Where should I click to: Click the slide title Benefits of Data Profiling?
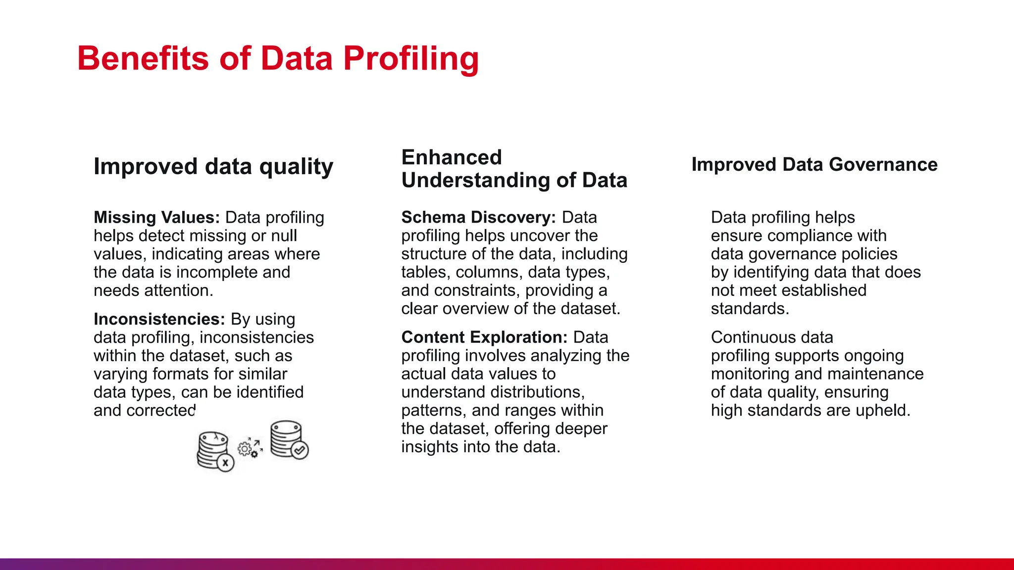(x=278, y=58)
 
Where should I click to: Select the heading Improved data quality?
(x=213, y=166)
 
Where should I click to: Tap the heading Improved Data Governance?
(x=814, y=164)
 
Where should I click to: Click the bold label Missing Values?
(x=156, y=217)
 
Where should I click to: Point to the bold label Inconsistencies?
(x=159, y=319)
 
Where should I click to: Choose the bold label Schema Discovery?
(x=479, y=217)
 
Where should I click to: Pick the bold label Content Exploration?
(x=484, y=337)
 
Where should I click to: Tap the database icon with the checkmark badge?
(x=289, y=439)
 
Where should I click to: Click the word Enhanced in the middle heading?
(x=452, y=157)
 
